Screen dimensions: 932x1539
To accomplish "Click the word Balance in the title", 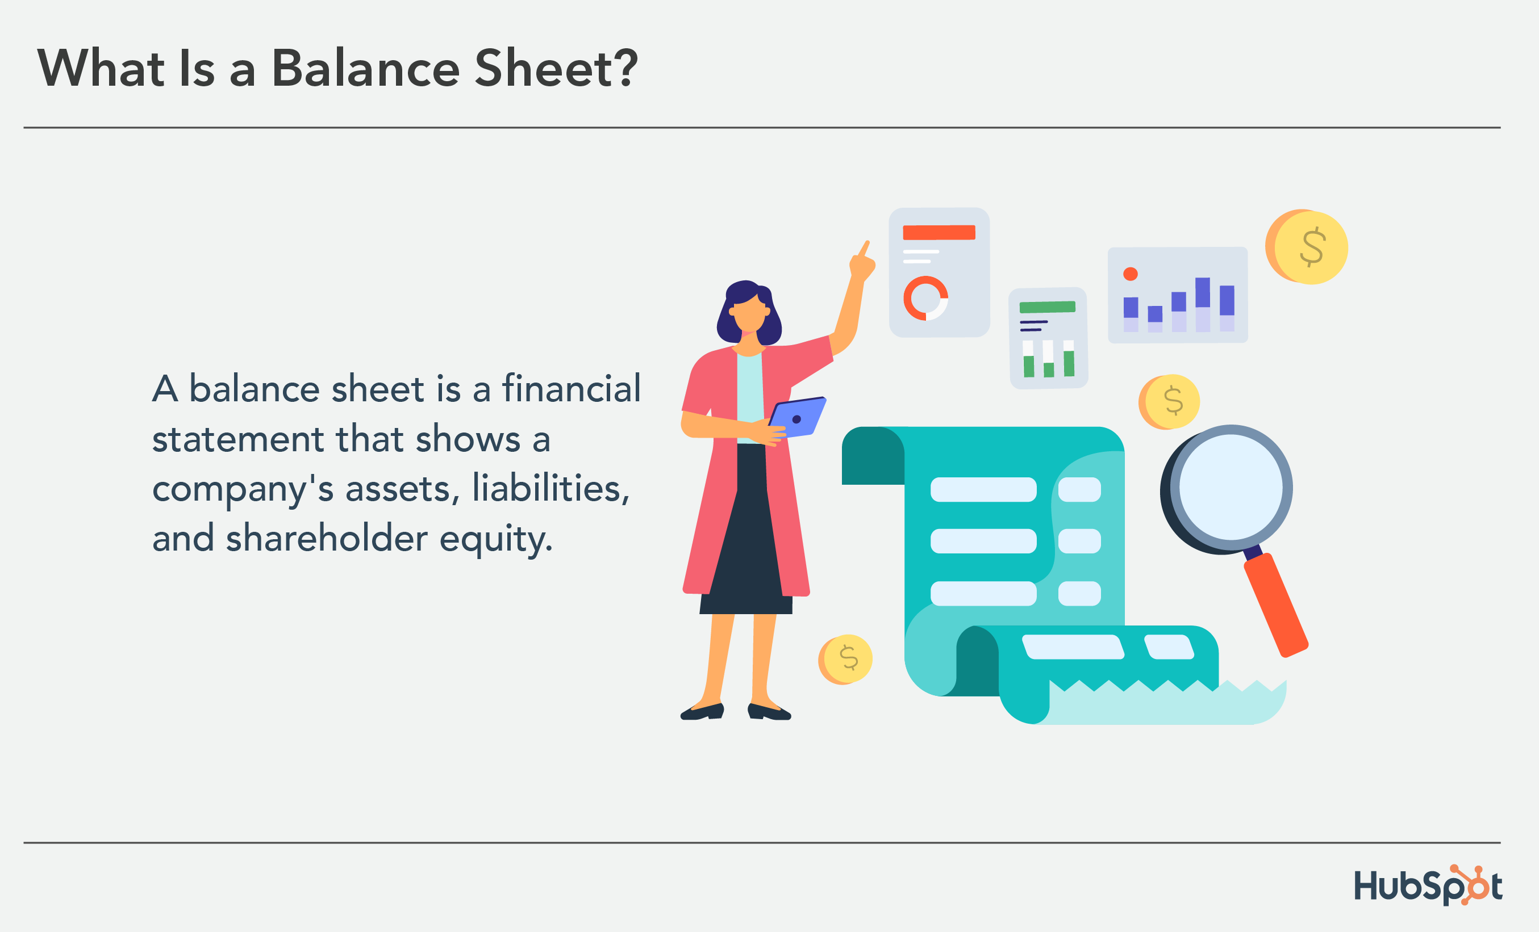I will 365,68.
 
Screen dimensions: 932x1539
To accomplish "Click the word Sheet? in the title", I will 556,68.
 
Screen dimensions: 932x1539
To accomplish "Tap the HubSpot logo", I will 1427,885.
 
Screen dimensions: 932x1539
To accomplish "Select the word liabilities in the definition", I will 550,488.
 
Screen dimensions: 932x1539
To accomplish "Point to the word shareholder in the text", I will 327,538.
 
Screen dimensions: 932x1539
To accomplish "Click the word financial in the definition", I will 571,388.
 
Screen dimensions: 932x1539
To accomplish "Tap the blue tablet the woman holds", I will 799,417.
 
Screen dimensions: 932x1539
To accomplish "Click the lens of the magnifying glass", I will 1231,487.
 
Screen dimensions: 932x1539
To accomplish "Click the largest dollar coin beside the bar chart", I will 1309,247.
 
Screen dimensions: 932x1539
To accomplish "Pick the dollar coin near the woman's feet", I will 846,659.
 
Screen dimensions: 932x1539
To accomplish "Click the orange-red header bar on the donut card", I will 939,232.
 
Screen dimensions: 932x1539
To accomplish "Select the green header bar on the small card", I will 1047,307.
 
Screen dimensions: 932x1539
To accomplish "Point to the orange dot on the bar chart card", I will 1130,274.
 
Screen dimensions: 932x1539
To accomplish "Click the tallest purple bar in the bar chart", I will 1202,292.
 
